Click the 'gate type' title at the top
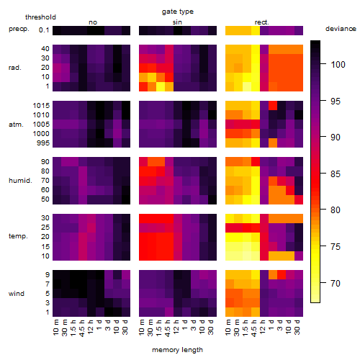point(178,12)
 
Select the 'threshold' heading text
point(40,17)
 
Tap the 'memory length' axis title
point(177,350)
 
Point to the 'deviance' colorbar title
point(341,29)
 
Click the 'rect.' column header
point(261,22)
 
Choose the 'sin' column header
point(177,22)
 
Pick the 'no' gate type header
point(93,22)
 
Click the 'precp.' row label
point(19,29)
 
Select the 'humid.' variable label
point(20,181)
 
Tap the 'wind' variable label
point(17,294)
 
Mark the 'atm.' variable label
point(16,125)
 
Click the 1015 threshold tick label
point(41,106)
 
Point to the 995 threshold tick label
point(43,143)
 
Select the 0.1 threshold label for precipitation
point(44,30)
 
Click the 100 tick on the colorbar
point(338,64)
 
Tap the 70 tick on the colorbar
point(336,284)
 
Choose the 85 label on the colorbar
point(336,174)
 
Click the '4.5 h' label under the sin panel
point(168,328)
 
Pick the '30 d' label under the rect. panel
point(297,328)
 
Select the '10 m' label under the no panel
point(55,328)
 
